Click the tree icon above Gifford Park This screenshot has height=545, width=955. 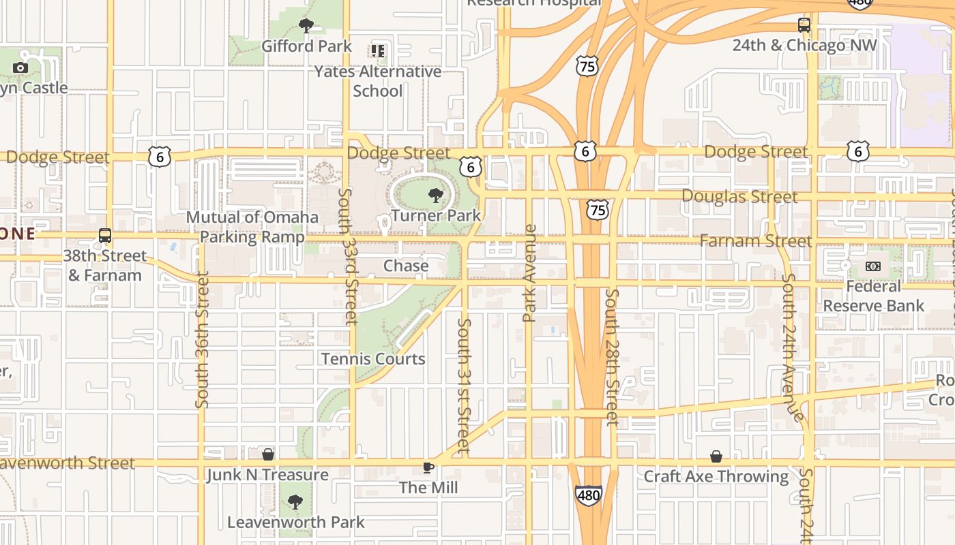(x=306, y=26)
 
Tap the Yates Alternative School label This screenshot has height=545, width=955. (x=377, y=80)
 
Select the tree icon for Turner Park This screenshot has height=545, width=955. (x=435, y=196)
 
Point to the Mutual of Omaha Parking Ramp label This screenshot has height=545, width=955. (x=252, y=227)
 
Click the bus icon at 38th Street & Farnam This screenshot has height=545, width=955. (x=104, y=236)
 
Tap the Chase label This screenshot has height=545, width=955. (x=406, y=266)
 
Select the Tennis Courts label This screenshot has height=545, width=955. (x=373, y=358)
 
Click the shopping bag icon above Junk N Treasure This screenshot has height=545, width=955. (x=269, y=454)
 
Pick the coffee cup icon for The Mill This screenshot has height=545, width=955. (x=428, y=467)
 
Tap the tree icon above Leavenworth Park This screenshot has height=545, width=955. (x=295, y=503)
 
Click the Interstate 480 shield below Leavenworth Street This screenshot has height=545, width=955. (x=588, y=495)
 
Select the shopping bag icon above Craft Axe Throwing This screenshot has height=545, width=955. (x=716, y=456)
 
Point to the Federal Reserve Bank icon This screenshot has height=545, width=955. (x=873, y=266)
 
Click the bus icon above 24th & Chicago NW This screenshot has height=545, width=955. (x=804, y=25)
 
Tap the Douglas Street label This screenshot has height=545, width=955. (x=739, y=197)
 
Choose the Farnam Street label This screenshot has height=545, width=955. (x=756, y=241)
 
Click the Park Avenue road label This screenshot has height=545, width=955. (x=530, y=272)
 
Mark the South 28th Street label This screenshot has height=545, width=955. (x=612, y=357)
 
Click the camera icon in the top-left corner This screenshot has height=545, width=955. (x=20, y=67)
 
